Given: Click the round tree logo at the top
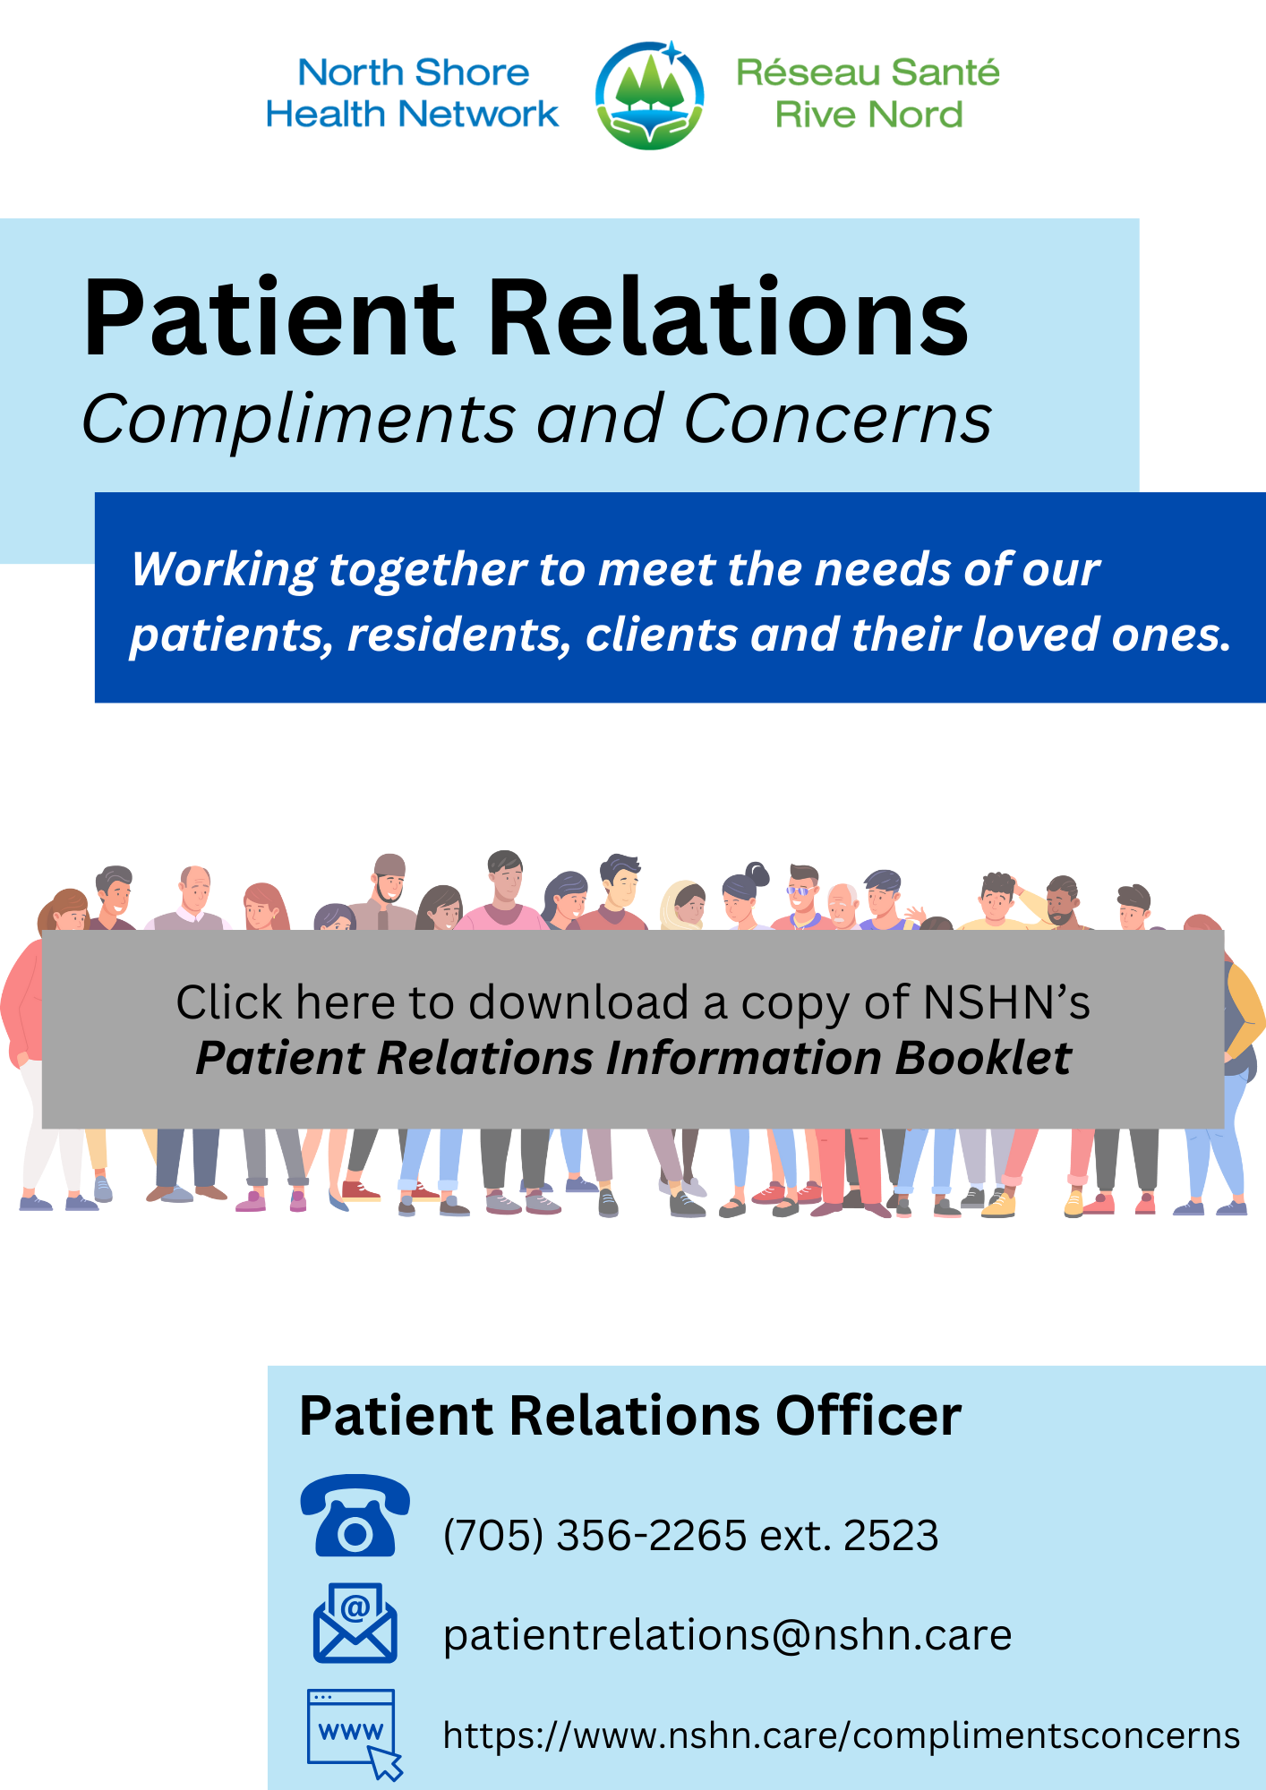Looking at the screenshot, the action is pos(649,95).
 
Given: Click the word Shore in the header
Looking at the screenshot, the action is pos(472,73).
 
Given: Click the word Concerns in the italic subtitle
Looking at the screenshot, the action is pos(838,419).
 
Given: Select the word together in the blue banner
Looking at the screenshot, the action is pos(428,569).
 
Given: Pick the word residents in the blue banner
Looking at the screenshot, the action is pos(458,635).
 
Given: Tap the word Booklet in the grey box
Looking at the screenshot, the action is pos(983,1059).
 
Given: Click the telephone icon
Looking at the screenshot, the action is pos(355,1516).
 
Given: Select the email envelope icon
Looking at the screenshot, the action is pos(355,1624).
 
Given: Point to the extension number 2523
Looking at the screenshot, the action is pos(891,1536).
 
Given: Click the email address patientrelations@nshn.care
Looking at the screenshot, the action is pos(727,1635).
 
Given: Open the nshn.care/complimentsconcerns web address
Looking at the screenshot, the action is pos(841,1735).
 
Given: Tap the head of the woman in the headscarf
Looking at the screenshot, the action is pos(684,904).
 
